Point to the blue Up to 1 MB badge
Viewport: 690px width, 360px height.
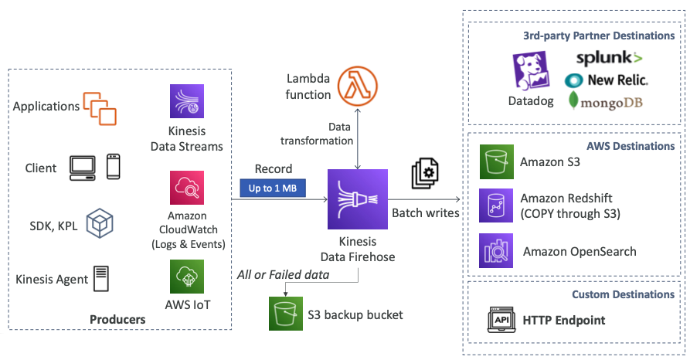[274, 188]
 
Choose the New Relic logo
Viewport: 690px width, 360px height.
[607, 80]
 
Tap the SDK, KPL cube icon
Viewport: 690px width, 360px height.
[100, 223]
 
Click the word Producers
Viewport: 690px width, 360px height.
[117, 319]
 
